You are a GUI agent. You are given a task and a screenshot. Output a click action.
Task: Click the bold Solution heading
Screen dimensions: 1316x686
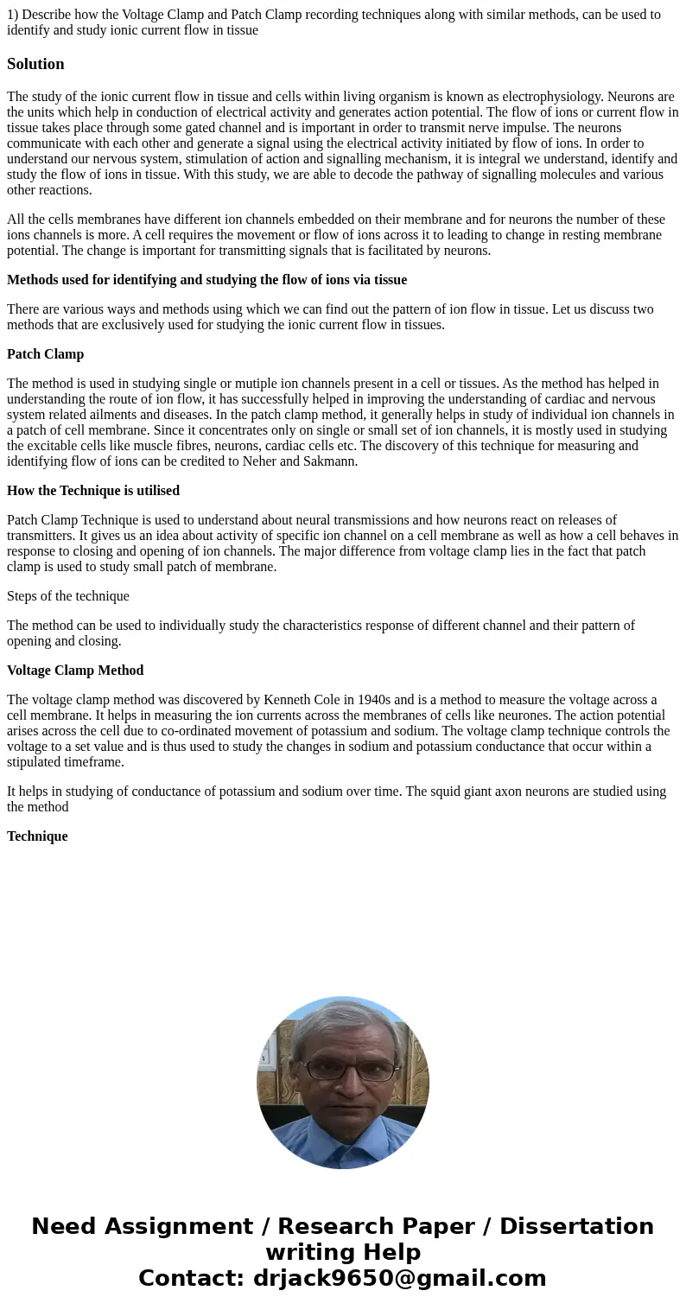click(35, 64)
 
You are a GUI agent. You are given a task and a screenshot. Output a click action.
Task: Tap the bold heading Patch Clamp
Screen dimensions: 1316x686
click(45, 354)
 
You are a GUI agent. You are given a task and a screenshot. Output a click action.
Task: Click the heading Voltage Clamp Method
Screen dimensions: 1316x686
click(75, 671)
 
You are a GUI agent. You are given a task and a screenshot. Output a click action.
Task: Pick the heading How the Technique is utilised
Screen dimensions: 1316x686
click(93, 491)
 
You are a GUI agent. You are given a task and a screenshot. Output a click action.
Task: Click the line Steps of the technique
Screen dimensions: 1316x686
click(68, 596)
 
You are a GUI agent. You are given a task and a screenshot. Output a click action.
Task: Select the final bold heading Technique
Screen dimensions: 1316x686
click(37, 836)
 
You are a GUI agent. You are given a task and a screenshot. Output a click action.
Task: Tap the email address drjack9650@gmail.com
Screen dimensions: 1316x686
click(399, 1278)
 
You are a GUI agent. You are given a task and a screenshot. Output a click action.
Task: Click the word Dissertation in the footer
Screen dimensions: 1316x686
click(576, 1226)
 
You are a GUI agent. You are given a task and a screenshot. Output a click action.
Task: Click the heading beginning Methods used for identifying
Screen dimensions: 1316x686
click(206, 280)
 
